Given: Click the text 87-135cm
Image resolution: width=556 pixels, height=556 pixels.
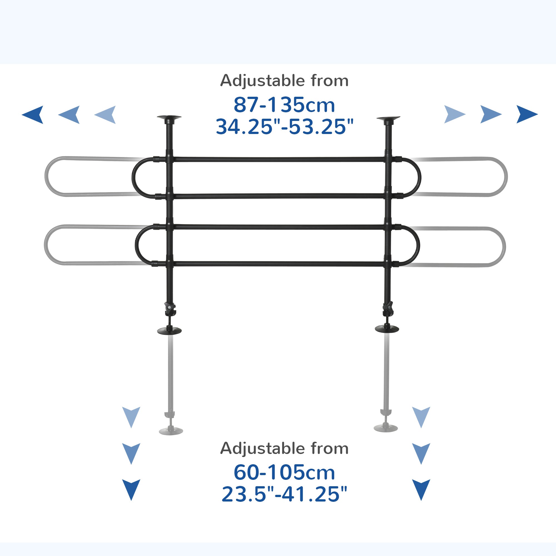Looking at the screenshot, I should tap(284, 105).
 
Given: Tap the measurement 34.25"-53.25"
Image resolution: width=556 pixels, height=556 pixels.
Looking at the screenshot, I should tap(284, 127).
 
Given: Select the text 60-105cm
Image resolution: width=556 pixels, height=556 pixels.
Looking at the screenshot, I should tap(284, 472).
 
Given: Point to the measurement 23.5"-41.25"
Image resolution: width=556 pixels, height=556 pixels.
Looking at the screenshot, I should tap(284, 494).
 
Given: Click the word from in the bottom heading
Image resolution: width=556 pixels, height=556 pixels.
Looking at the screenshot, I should tap(329, 449).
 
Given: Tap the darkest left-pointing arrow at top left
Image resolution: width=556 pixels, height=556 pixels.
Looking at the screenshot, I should tap(33, 115).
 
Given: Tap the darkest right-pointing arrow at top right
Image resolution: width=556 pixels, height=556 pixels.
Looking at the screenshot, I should tap(526, 114).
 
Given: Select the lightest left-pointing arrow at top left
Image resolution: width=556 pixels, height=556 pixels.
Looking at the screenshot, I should tap(105, 115).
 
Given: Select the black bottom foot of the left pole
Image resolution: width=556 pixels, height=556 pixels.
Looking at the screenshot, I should tap(170, 330).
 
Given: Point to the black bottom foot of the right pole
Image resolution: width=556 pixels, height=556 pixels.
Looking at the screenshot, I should tap(387, 328).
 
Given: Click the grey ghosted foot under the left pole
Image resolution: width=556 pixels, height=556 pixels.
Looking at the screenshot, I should tap(171, 431).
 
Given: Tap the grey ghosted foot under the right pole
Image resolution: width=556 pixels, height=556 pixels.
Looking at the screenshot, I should tap(386, 428).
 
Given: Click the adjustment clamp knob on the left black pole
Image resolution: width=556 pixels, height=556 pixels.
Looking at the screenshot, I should tap(170, 308).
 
